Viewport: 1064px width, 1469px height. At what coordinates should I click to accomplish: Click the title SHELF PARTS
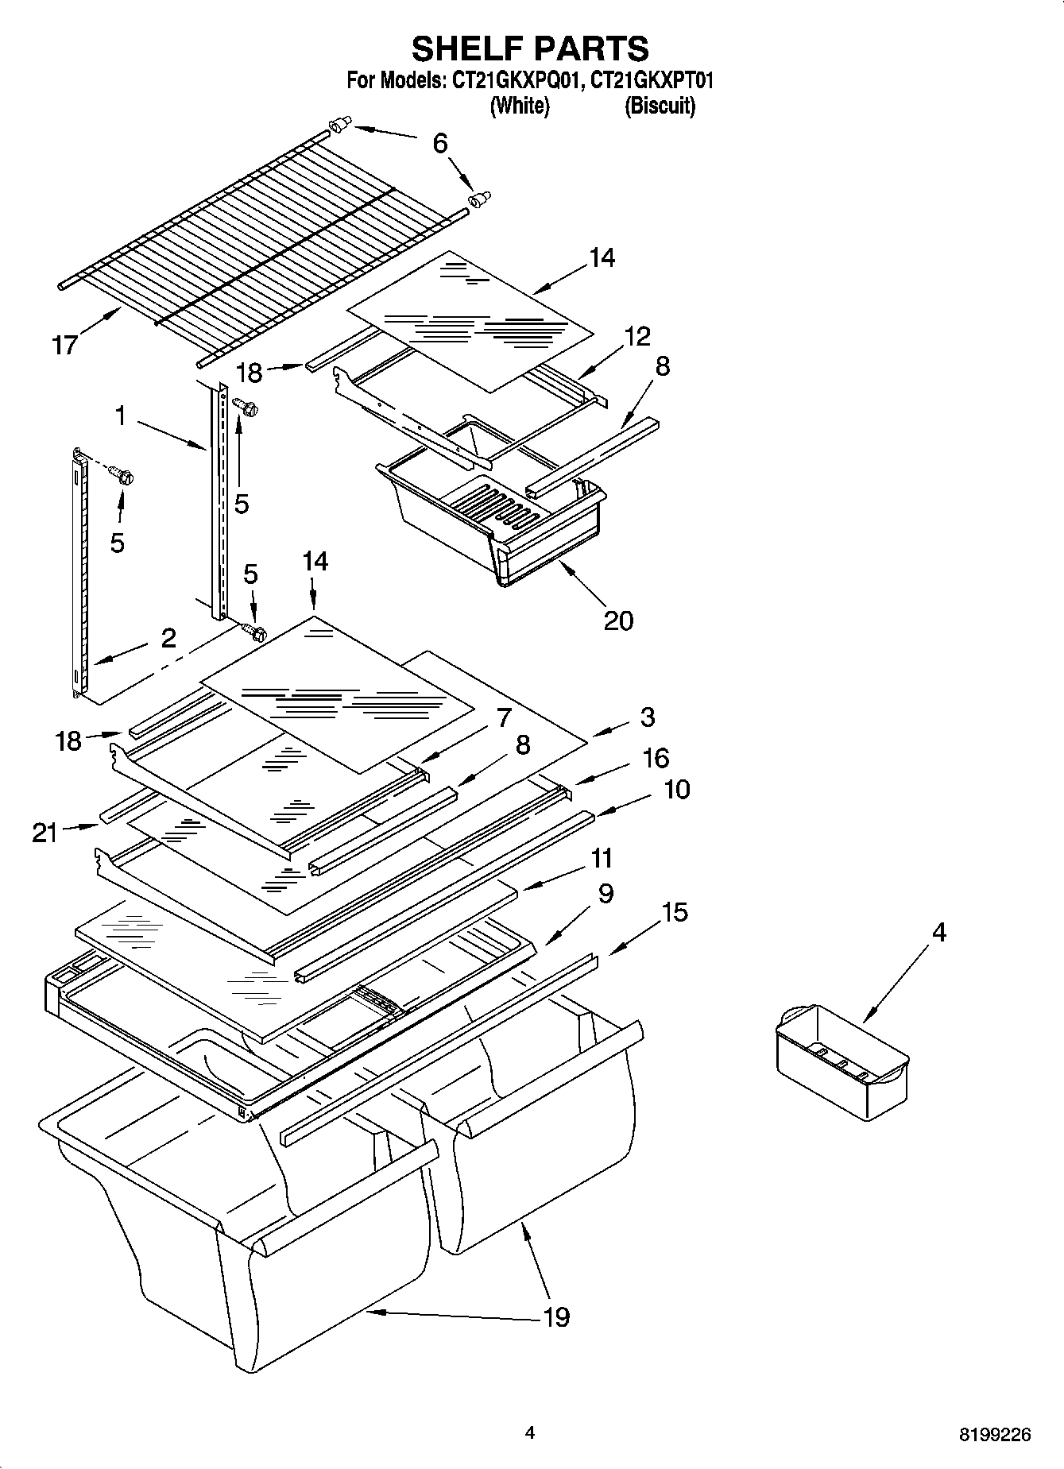(530, 48)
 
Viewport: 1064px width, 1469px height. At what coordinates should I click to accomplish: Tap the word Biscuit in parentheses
(660, 106)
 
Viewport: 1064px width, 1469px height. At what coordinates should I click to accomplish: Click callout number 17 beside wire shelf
(65, 345)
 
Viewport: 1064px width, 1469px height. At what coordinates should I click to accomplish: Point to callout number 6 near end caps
(440, 143)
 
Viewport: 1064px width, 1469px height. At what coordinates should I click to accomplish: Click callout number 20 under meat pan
(618, 620)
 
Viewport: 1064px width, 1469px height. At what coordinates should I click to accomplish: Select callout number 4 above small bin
(938, 932)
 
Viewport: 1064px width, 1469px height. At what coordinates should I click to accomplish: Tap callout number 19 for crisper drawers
(556, 1316)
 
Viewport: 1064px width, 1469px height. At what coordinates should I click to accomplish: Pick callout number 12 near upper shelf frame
(637, 336)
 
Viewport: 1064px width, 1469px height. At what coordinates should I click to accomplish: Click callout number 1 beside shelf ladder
(120, 415)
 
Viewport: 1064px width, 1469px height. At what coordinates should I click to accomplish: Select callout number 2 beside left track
(168, 638)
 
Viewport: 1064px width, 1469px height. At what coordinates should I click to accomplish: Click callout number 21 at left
(45, 833)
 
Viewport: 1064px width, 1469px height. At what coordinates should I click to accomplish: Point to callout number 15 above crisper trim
(675, 912)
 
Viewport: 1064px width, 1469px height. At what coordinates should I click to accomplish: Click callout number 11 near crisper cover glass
(602, 858)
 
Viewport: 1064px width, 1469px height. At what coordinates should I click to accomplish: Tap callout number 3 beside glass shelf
(648, 717)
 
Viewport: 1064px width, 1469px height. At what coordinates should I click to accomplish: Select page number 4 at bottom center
(530, 1432)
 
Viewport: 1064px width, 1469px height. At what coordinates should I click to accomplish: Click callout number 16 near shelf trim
(656, 758)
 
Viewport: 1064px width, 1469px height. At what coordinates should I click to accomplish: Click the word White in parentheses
(520, 106)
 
